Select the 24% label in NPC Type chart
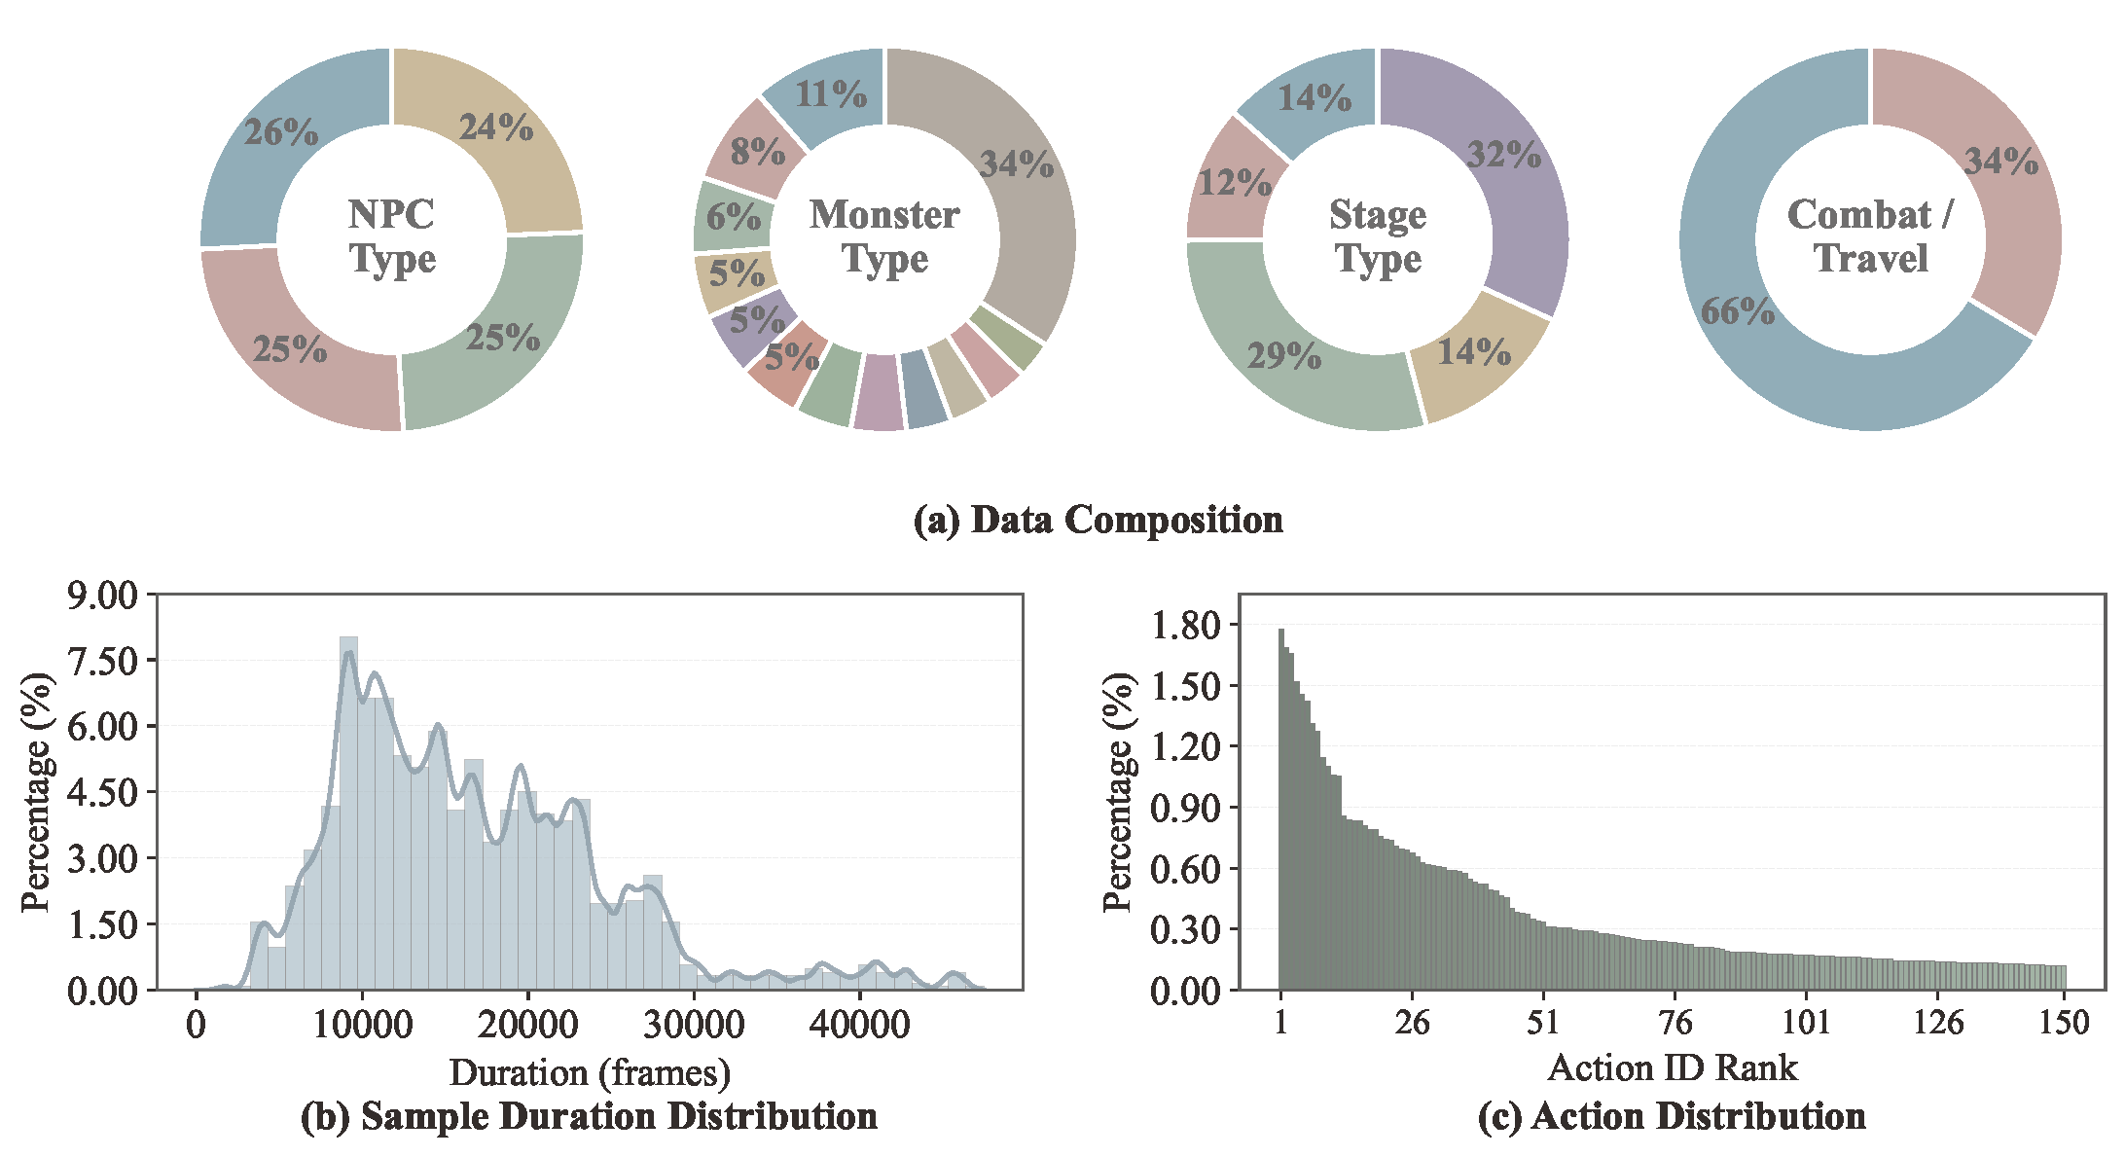(x=496, y=127)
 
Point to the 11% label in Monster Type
(x=830, y=94)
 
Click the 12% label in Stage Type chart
(x=1234, y=183)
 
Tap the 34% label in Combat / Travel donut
(x=2000, y=161)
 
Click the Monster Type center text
(x=884, y=236)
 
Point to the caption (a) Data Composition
(x=1098, y=520)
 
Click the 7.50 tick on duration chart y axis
(x=103, y=661)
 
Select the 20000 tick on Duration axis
(x=527, y=1025)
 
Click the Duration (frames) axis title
(x=590, y=1072)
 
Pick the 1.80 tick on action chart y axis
(x=1185, y=625)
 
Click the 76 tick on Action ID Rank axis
(x=1675, y=1023)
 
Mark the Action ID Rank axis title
(x=1672, y=1067)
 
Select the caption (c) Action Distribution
(x=1671, y=1116)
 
